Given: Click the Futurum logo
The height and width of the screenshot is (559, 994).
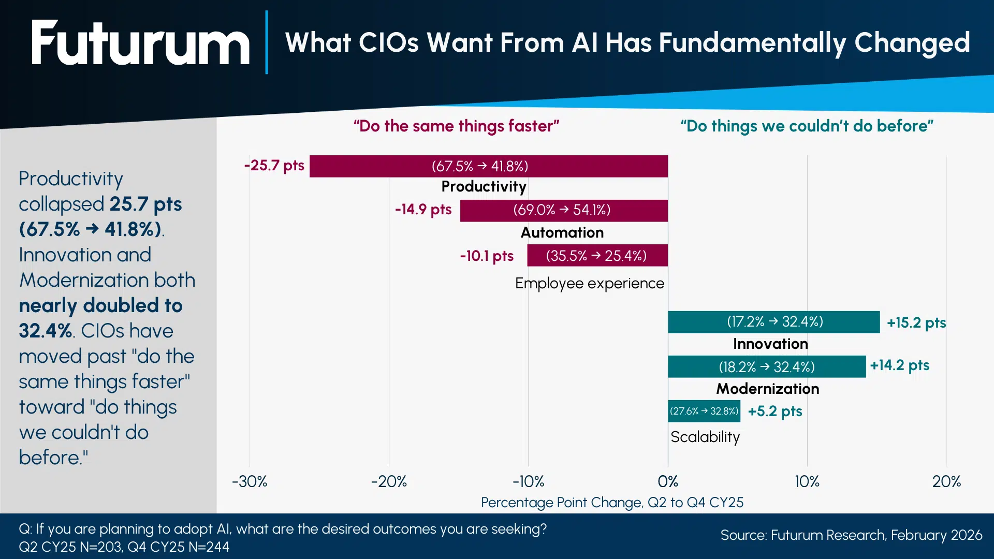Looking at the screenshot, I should click(140, 43).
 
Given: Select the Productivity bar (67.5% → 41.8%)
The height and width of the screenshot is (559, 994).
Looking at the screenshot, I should click(488, 166).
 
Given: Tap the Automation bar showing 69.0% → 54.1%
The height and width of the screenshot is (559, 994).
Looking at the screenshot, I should click(563, 210).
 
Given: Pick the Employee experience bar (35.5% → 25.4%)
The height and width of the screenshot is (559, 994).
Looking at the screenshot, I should click(597, 256).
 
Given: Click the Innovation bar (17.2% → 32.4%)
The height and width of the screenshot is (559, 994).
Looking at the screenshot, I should click(773, 322).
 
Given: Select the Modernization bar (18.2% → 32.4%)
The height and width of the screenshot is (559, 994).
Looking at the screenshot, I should click(766, 367).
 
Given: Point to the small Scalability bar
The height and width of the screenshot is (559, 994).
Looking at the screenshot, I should click(704, 411).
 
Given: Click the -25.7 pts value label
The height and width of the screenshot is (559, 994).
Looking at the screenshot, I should click(274, 166).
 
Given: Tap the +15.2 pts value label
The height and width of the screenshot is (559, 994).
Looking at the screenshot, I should click(916, 323).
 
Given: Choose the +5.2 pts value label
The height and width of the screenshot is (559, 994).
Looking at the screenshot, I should click(774, 411).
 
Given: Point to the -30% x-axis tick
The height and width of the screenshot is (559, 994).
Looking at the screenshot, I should click(250, 482).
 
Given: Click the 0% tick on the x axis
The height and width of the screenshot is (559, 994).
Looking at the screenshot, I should click(667, 482).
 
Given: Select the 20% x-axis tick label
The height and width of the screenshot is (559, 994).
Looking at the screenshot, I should click(946, 482).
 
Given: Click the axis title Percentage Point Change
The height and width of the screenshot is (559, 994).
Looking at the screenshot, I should click(612, 503).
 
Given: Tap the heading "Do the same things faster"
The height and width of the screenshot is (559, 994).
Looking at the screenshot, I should click(456, 126).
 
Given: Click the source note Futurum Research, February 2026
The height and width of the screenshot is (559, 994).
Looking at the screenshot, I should click(851, 535).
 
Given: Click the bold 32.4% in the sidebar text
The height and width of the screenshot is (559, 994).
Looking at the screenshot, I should click(45, 331).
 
